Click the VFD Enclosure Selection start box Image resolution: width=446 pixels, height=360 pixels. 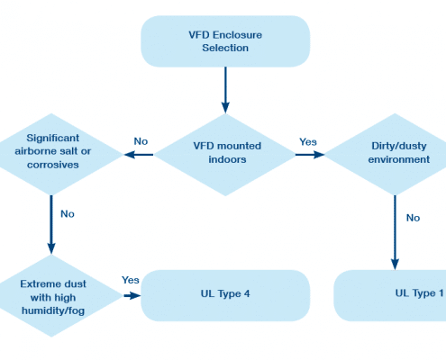click(x=225, y=41)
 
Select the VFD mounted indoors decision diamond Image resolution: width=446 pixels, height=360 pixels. click(x=225, y=155)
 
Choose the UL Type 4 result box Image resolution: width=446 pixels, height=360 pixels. click(x=225, y=295)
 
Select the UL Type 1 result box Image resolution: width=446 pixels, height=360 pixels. click(x=390, y=295)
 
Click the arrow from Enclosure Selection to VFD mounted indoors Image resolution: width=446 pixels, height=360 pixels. click(x=225, y=90)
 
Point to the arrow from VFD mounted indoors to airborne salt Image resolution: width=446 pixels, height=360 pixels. click(x=139, y=155)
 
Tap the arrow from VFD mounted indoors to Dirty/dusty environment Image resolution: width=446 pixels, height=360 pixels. click(x=310, y=155)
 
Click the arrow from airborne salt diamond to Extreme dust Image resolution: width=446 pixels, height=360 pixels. click(x=51, y=225)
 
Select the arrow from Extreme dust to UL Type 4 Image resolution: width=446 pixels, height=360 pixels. click(x=132, y=296)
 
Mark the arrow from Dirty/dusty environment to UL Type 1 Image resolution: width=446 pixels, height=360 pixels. click(x=395, y=232)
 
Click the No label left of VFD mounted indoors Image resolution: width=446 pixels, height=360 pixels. click(x=141, y=141)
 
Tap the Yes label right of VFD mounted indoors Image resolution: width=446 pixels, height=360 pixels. click(x=308, y=141)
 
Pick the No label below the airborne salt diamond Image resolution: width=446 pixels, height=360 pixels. click(x=68, y=214)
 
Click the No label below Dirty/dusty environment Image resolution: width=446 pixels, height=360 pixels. click(x=413, y=218)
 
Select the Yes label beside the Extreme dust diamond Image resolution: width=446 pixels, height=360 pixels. click(x=131, y=280)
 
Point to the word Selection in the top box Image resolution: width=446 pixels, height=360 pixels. click(x=225, y=48)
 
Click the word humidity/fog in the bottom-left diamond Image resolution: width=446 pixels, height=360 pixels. click(x=53, y=310)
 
